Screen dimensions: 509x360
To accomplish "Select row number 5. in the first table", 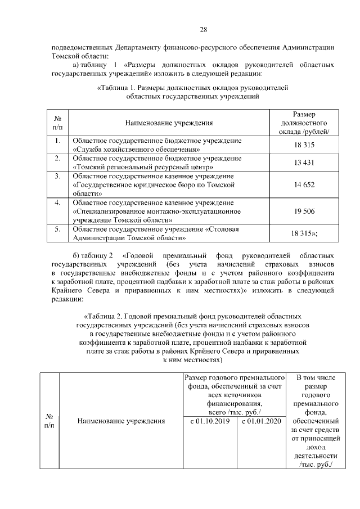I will click(57, 229).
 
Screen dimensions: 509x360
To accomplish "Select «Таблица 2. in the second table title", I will click(107, 316).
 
